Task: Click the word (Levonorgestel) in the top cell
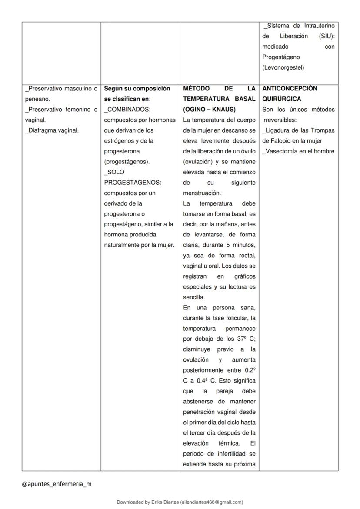[x=283, y=67]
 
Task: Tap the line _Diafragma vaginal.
[x=52, y=130]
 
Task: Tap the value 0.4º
[x=199, y=381]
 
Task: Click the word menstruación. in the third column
[x=202, y=193]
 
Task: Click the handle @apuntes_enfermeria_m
[x=57, y=484]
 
